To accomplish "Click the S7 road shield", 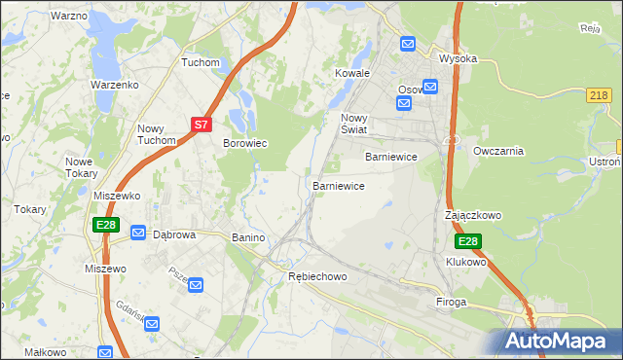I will [201, 125].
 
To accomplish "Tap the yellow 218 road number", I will [600, 94].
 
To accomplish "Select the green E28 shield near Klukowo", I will [467, 241].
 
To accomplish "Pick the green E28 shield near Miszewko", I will [107, 225].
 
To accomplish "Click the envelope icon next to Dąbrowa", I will [137, 234].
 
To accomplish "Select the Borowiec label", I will [245, 143].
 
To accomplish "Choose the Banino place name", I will [248, 236].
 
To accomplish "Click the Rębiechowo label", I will [317, 277].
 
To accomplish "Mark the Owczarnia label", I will [498, 151].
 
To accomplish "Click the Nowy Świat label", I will [356, 124].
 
